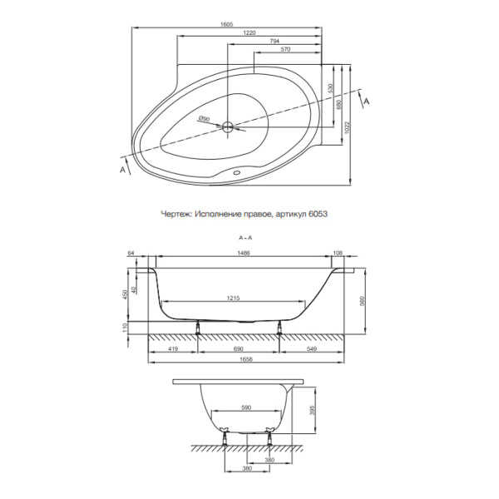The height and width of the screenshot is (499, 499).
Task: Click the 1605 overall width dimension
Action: click(227, 24)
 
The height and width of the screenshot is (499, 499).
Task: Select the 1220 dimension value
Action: click(249, 33)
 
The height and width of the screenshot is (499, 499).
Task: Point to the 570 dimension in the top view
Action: click(285, 51)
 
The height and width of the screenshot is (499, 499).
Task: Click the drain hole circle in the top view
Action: click(229, 127)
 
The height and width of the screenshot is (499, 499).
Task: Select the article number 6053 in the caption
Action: click(317, 214)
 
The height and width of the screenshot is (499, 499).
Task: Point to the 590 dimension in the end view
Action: click(245, 408)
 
